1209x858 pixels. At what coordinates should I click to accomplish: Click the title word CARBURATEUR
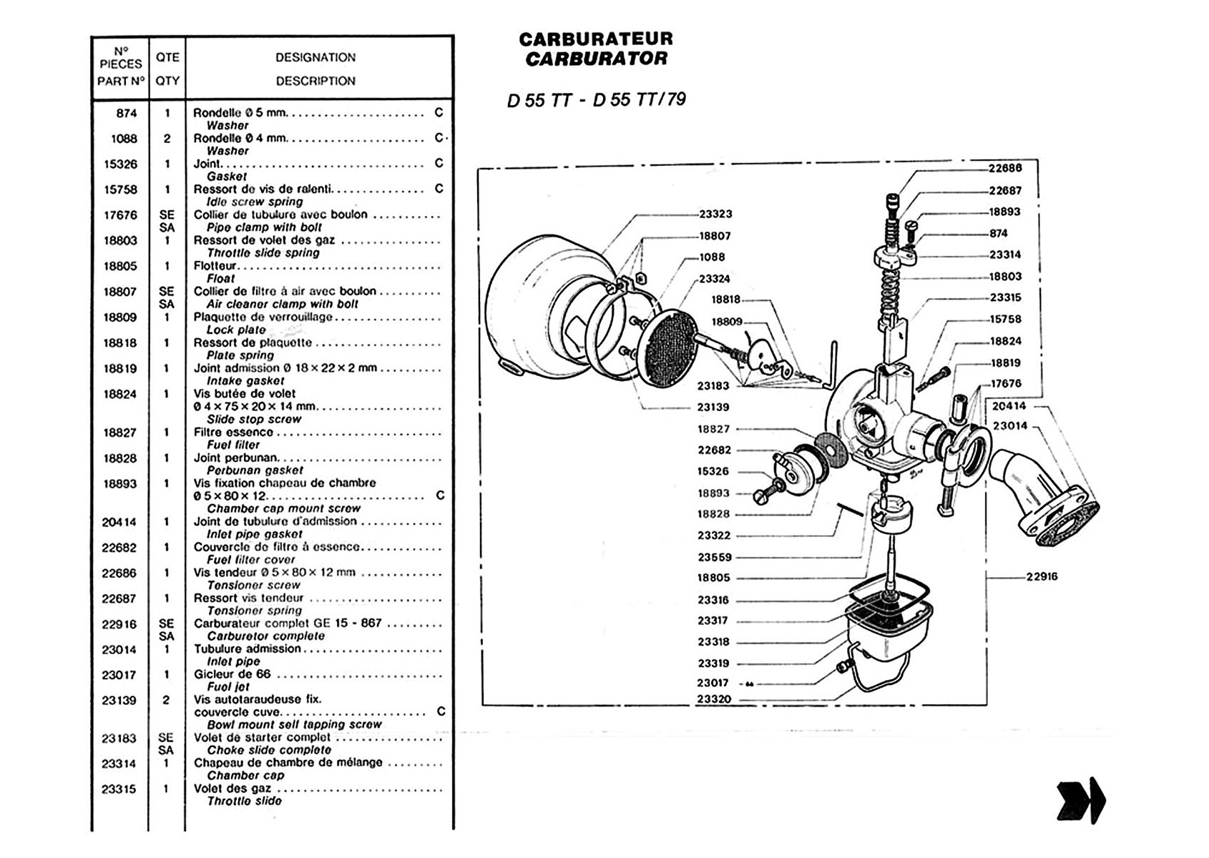tap(596, 39)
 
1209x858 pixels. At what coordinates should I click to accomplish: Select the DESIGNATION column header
tap(315, 57)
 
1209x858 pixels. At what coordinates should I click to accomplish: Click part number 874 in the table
tap(127, 113)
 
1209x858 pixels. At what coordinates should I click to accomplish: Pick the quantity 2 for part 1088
tap(167, 139)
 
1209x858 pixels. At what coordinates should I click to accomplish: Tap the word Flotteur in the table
tap(215, 266)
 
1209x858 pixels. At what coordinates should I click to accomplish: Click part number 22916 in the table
tap(119, 624)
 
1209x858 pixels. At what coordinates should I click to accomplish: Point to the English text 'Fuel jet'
tap(228, 687)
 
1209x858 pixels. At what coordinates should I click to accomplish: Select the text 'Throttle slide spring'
tap(263, 253)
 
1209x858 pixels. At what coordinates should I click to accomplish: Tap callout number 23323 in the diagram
tap(715, 214)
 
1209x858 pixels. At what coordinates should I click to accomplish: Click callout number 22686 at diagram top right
tap(1005, 169)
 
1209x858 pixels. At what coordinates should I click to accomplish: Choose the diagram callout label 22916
tap(1042, 577)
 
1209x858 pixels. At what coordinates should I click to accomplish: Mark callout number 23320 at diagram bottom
tap(715, 699)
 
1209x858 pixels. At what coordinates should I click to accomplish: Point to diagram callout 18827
tap(714, 429)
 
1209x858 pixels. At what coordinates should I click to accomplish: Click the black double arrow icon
tap(1081, 799)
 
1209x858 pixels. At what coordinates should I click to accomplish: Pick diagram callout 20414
tap(1009, 406)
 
